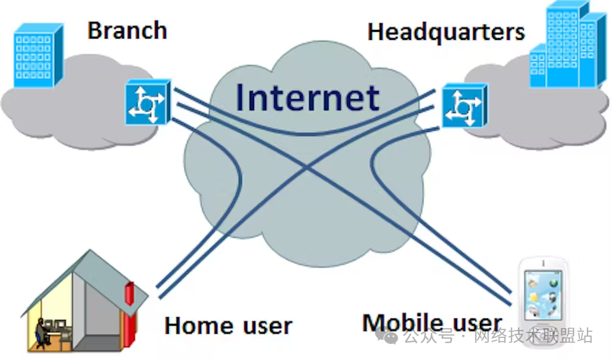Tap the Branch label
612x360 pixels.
(x=127, y=30)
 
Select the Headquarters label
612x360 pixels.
(x=446, y=31)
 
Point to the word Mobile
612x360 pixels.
(x=402, y=323)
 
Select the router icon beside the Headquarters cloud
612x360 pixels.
(x=463, y=105)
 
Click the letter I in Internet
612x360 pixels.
(x=240, y=97)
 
